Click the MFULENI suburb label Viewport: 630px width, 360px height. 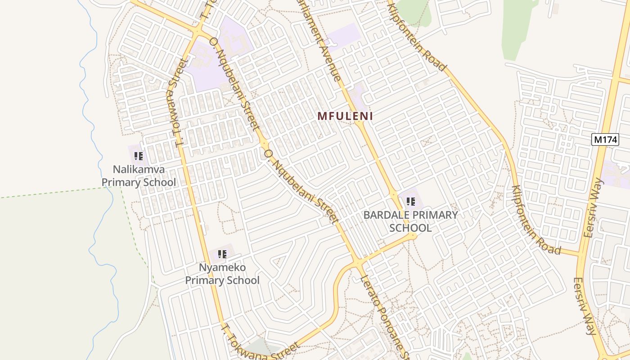coord(345,116)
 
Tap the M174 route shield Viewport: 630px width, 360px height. coord(605,139)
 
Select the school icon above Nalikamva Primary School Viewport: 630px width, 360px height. coord(139,156)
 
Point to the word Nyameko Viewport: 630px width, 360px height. coord(222,268)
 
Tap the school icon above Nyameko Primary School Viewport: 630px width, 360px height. coord(222,254)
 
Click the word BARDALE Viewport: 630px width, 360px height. coord(385,215)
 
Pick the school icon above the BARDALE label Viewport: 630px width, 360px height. coord(410,202)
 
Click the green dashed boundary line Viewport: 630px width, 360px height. coord(54,193)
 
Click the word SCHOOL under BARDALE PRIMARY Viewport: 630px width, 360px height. coord(410,228)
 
